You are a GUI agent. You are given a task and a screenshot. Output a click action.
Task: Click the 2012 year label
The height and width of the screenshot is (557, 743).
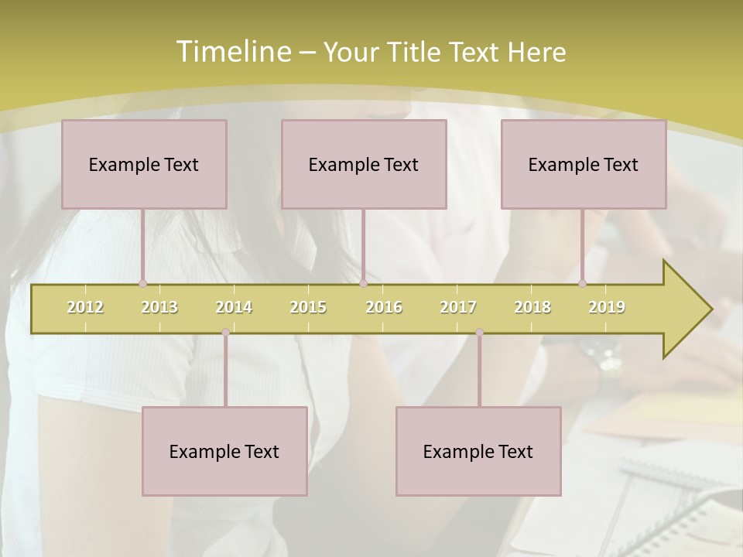tap(85, 307)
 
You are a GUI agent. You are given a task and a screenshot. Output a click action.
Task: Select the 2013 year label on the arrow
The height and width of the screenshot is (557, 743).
tap(159, 307)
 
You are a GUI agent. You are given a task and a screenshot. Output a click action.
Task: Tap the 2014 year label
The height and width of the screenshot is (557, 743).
tap(234, 307)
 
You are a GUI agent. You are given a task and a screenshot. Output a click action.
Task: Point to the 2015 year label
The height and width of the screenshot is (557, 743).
tap(308, 307)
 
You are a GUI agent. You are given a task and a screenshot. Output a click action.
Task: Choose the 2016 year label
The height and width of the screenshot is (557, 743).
tap(384, 307)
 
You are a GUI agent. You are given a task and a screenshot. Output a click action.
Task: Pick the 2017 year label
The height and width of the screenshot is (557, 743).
tap(458, 307)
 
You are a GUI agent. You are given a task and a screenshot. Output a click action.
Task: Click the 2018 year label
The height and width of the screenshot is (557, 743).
tap(532, 307)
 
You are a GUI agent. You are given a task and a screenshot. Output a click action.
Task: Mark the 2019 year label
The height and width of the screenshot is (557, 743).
tap(607, 307)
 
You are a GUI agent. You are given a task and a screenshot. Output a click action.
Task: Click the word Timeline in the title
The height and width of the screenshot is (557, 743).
tap(231, 52)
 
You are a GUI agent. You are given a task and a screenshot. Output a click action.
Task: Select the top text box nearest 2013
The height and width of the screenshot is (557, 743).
tap(144, 164)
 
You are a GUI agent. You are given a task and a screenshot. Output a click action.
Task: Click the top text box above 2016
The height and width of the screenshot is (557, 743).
tap(364, 164)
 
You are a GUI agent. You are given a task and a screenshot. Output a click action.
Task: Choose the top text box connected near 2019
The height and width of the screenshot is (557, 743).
tap(584, 164)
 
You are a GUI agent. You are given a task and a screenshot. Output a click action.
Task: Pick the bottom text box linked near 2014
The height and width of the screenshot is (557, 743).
tap(224, 451)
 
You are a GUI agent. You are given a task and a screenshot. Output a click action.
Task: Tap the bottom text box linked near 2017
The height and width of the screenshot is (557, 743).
tap(478, 451)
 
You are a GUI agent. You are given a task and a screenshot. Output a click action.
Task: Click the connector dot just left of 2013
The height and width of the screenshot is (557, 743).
tap(142, 283)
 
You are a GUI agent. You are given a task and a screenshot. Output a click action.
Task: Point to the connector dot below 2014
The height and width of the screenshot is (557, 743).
tap(225, 332)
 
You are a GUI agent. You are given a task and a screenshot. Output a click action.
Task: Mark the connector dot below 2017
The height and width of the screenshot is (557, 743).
tap(479, 332)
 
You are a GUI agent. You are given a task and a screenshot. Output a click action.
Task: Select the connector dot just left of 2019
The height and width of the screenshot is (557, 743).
tap(582, 283)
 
